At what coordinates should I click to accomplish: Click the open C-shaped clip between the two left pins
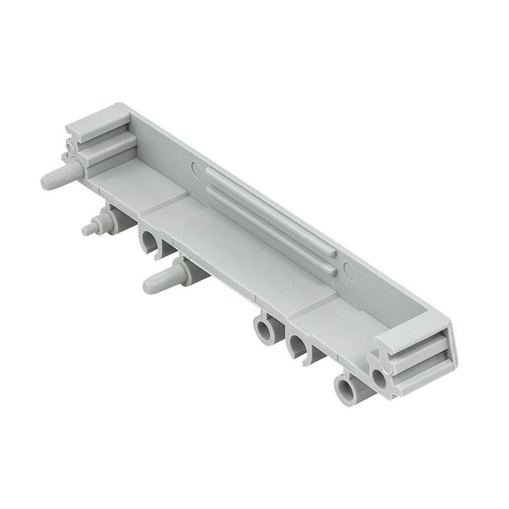point(148,241)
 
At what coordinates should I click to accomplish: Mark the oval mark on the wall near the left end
point(197,170)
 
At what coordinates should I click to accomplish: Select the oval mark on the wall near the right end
point(349,270)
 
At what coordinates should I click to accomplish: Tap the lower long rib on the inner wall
point(267,229)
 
